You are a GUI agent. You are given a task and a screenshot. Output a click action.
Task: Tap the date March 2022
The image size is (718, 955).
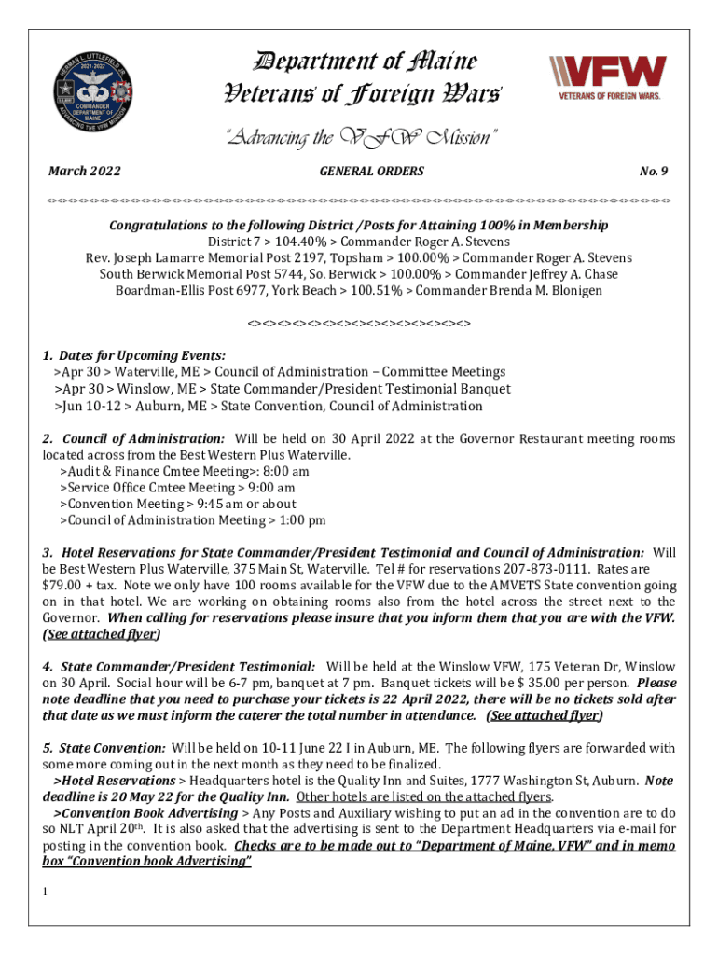tap(85, 171)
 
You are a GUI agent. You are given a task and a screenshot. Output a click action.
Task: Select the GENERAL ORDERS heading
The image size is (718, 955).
tap(371, 171)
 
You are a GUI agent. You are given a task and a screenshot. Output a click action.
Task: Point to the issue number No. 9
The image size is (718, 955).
tap(653, 171)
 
